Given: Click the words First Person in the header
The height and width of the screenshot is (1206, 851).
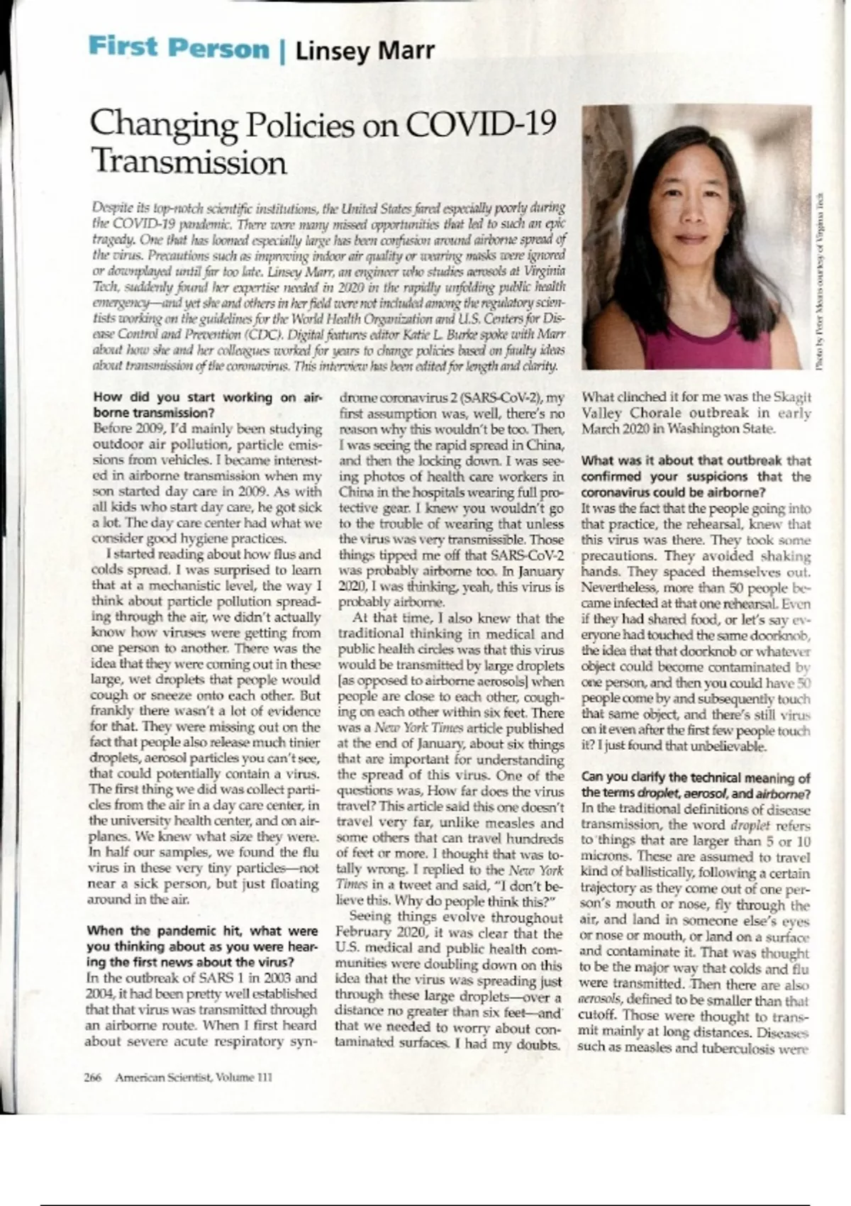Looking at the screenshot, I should coord(178,48).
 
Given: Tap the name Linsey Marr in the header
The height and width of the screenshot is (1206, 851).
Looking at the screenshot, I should coord(365,51).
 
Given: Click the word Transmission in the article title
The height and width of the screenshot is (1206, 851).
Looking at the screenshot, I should coord(189,162).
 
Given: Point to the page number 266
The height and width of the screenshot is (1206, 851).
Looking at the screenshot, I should coord(93,1077).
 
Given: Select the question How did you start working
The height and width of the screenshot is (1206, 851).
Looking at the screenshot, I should coord(203,404).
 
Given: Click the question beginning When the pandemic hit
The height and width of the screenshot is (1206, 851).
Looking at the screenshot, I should coord(202,946).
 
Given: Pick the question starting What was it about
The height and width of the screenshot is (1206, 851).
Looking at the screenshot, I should coord(695,476).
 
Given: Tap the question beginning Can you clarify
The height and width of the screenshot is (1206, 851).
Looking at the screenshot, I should coord(695,785).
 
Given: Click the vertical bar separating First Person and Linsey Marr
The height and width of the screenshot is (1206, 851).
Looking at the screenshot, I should coord(282,51).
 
